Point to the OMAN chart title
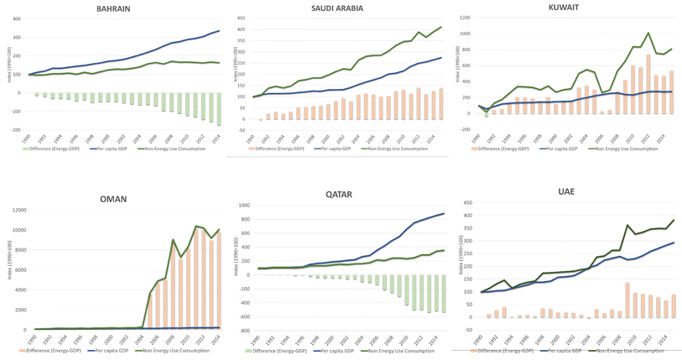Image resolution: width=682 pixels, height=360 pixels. pos(112,199)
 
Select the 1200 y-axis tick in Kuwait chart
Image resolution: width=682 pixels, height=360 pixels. pos(466,16)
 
